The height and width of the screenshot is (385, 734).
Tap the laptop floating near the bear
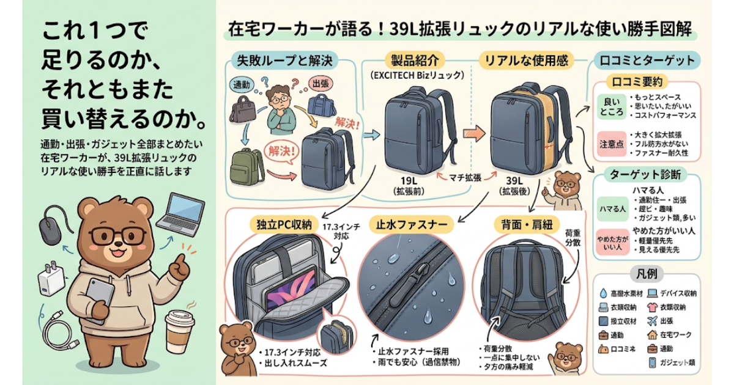[180, 215]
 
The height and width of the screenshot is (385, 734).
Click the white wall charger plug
[49, 282]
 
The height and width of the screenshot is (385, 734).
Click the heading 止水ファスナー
[412, 224]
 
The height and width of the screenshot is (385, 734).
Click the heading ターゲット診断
[645, 175]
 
